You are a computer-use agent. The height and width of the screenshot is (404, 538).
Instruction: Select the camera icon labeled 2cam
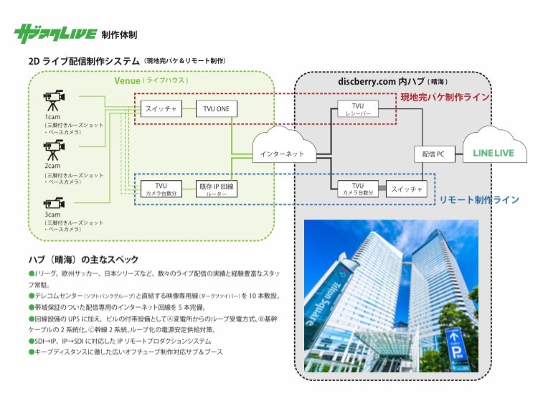pos(54,150)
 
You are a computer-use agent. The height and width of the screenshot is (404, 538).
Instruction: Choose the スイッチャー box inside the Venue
pos(161,108)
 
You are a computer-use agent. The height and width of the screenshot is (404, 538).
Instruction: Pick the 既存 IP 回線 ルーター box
pos(217,189)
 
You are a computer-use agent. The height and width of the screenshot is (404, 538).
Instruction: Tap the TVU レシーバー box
pos(357,109)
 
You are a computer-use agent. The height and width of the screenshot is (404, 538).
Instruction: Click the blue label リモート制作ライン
pos(478,199)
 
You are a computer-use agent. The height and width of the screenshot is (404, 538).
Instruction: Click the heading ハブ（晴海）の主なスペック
pos(83,259)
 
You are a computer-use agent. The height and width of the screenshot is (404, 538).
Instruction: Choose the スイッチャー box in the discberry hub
pos(406,189)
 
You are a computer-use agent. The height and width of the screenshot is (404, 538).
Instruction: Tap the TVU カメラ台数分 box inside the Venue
pos(161,189)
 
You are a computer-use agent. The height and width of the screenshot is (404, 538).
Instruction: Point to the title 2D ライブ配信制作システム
pos(84,61)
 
